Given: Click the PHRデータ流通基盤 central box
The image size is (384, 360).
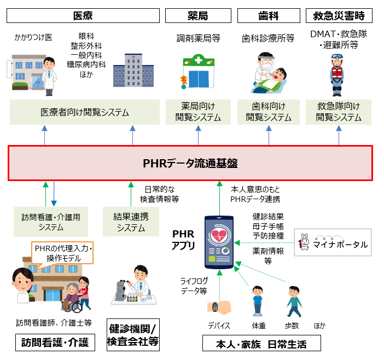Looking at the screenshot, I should coord(190,162).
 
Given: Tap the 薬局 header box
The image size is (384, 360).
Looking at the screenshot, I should coord(197,15).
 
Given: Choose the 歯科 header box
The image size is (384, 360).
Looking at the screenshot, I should coord(268,15).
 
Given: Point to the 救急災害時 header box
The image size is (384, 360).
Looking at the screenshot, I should coord(339,15).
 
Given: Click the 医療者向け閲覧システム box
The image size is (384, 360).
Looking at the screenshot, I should coord(85,113).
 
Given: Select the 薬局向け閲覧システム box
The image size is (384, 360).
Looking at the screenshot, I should coord(197,112).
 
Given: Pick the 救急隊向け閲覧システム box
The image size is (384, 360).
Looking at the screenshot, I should coord(339,112).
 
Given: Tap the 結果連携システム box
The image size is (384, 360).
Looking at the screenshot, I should coord(131,222).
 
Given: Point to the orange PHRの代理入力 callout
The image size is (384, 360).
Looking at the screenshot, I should coord(63,253).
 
